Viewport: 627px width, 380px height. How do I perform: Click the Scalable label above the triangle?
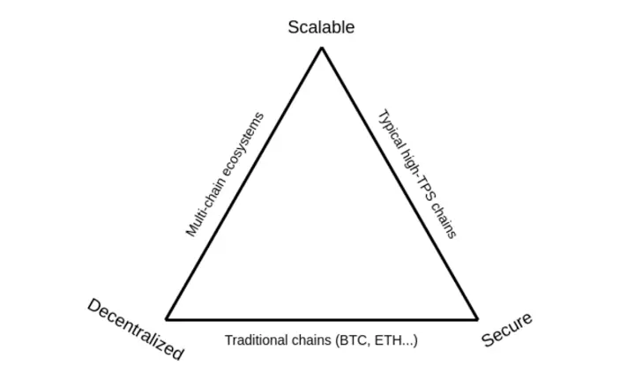point(321,27)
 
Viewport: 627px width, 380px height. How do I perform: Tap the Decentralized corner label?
point(136,329)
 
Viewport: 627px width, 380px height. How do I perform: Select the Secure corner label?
point(507,330)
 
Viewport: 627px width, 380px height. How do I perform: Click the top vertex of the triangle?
point(322,48)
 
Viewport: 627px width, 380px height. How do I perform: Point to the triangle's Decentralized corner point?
point(167,319)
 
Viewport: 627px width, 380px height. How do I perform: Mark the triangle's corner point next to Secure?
point(477,319)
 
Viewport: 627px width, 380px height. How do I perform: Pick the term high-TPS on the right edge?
point(415,175)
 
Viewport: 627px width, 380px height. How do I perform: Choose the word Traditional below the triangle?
point(254,340)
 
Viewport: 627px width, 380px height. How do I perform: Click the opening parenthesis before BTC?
point(337,340)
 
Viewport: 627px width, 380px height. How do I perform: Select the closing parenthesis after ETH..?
point(415,340)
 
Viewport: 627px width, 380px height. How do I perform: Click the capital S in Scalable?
point(293,27)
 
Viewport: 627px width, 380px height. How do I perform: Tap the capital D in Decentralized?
point(95,307)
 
